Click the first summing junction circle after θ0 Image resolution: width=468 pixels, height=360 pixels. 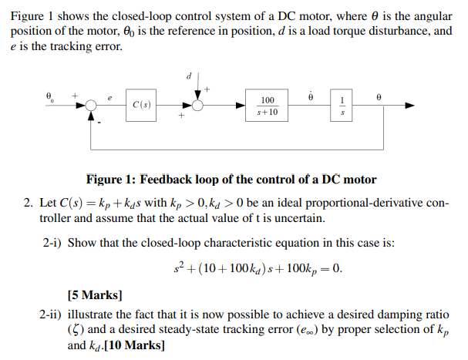pos(92,106)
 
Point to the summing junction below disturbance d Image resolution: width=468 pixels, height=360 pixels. pos(198,106)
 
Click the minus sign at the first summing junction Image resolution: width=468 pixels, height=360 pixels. pos(99,120)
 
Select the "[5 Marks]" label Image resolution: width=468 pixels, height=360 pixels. pos(95,294)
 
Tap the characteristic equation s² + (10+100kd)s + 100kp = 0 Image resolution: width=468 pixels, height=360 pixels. pos(257,270)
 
